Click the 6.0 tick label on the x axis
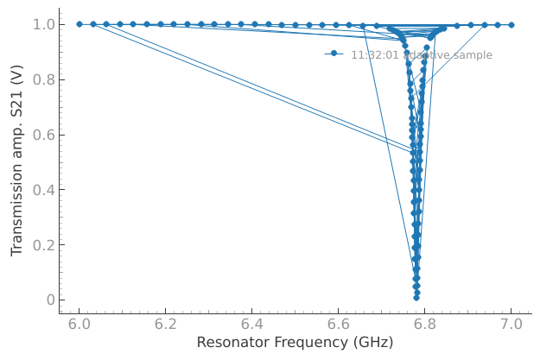[79, 325]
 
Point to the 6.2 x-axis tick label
[166, 325]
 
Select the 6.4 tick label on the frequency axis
[252, 325]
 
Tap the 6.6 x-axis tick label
[339, 325]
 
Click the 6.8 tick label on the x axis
[425, 325]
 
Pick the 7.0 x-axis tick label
[511, 325]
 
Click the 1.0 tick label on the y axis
[43, 24]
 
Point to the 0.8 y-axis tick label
[43, 79]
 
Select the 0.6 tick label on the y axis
[43, 135]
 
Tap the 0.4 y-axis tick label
[43, 190]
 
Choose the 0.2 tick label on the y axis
[43, 245]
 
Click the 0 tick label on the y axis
[49, 300]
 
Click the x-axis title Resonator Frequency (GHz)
[295, 343]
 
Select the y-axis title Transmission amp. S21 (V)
[17, 161]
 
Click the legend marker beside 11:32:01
[334, 54]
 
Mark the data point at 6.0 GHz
[79, 24]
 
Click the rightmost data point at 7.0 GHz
[511, 24]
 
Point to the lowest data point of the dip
[416, 298]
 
